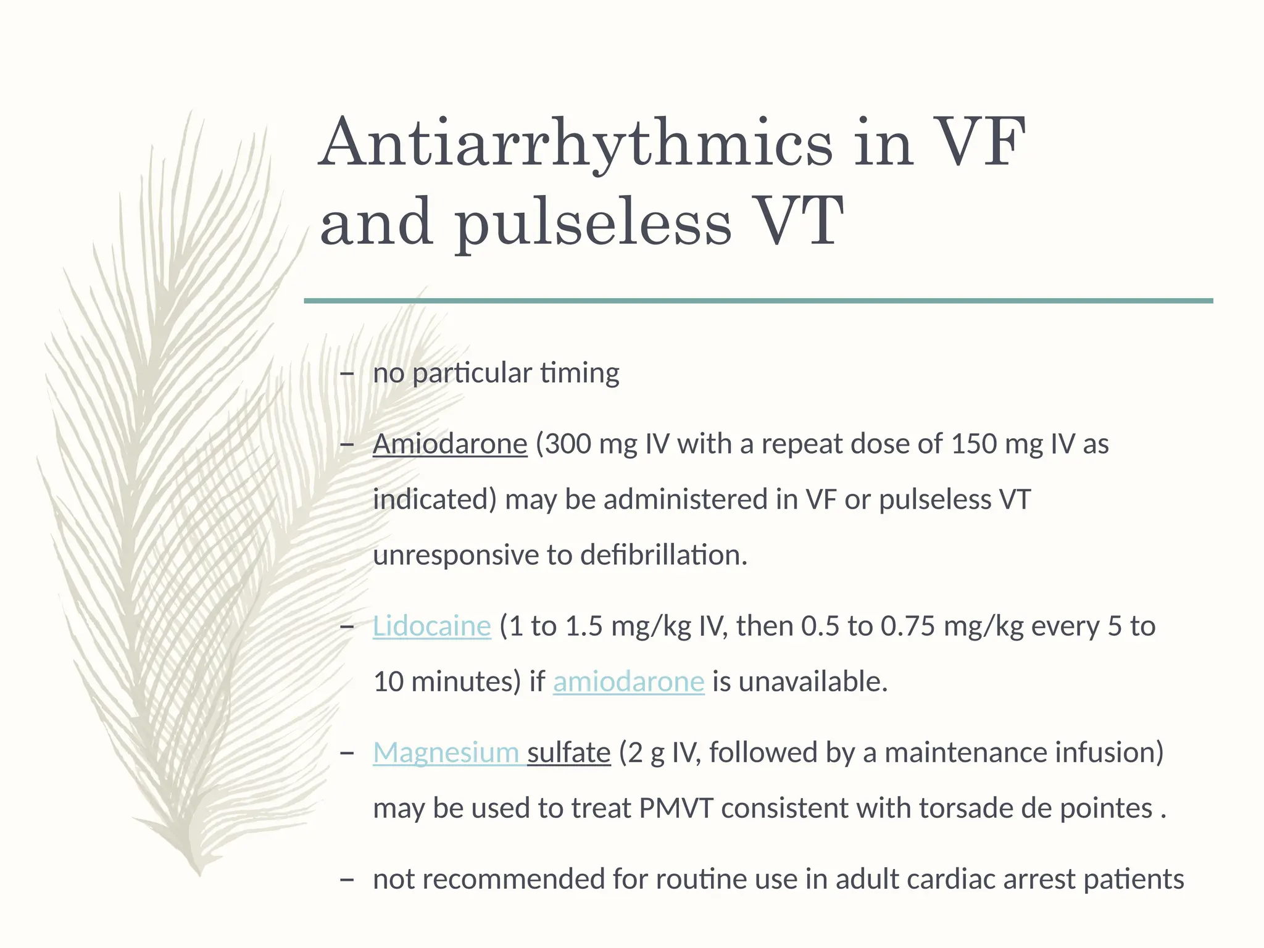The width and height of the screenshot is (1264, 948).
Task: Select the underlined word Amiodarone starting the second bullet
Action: pos(450,444)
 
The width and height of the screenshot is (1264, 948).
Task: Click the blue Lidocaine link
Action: pos(431,626)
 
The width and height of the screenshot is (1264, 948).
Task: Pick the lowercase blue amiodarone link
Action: pos(628,681)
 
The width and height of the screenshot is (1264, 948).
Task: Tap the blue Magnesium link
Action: pos(446,752)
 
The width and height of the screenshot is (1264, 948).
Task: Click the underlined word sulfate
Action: pos(568,752)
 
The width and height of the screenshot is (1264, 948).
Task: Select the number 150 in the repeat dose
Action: pos(974,444)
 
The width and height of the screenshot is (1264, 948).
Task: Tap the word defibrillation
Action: pos(663,555)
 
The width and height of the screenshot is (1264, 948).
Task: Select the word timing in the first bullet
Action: pos(580,373)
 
